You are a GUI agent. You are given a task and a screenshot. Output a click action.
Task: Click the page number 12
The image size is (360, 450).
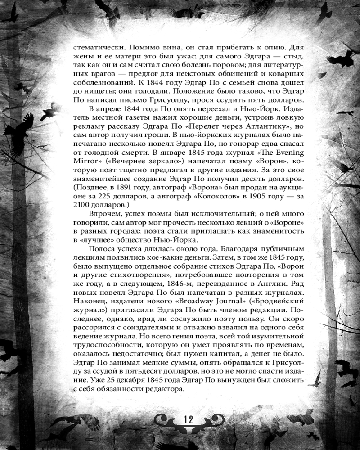(x=188, y=419)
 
